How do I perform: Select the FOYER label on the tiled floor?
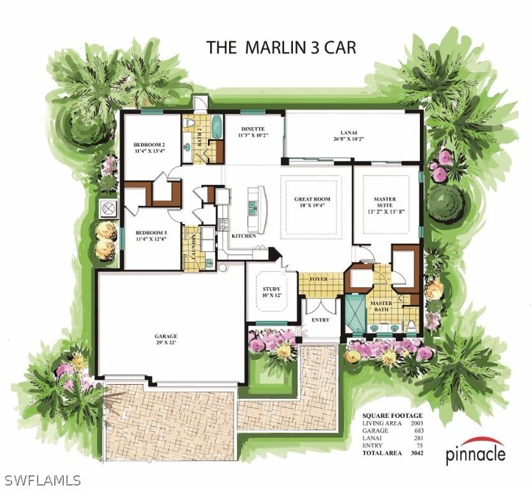318,279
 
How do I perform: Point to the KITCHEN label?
243,236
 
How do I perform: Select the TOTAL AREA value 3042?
418,454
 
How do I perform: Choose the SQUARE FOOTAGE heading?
392,416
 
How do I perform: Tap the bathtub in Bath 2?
216,126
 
